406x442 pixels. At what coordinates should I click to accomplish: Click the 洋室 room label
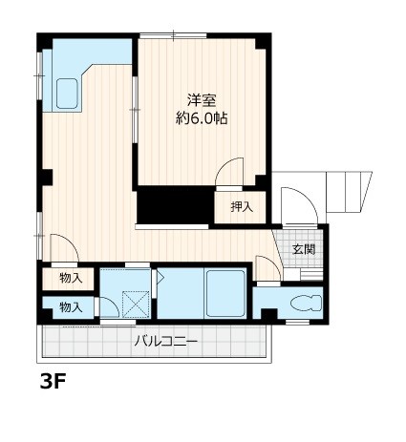click(202, 99)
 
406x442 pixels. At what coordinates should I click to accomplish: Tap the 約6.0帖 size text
click(202, 119)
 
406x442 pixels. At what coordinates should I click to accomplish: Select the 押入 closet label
click(242, 206)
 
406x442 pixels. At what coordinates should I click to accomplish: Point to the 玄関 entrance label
click(304, 249)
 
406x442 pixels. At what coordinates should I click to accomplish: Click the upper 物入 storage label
click(70, 279)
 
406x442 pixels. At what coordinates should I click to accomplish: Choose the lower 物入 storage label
click(70, 306)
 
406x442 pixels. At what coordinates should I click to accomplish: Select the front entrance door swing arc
click(294, 204)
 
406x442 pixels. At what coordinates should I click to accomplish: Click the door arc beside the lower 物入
click(109, 307)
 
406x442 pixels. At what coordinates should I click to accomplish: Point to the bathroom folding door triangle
click(160, 279)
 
